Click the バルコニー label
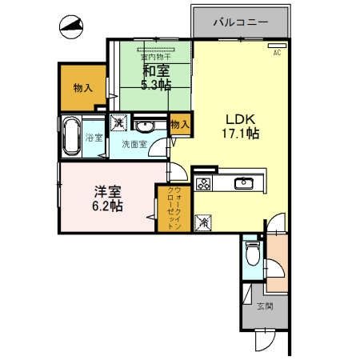click(x=240, y=22)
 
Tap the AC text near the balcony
click(x=276, y=52)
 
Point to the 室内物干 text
click(x=156, y=58)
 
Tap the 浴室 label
click(x=94, y=138)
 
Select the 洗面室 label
click(x=134, y=146)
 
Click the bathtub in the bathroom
click(x=70, y=137)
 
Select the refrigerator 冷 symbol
click(x=203, y=223)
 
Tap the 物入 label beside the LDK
click(x=180, y=124)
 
